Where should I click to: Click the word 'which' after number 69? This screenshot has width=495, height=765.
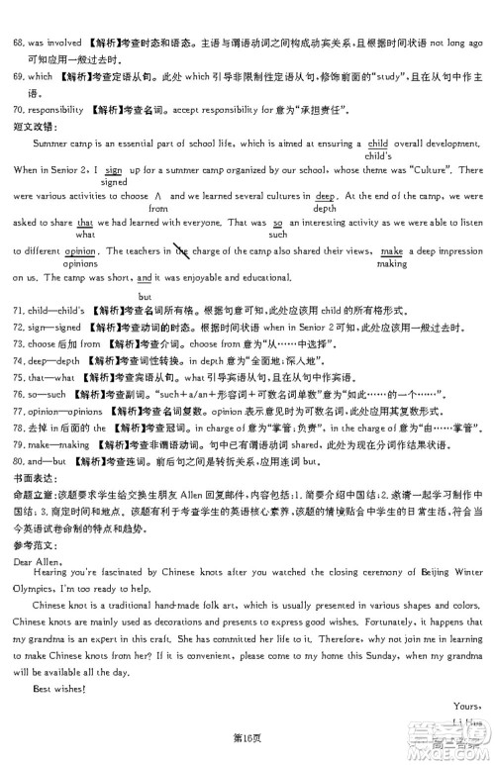tap(39, 76)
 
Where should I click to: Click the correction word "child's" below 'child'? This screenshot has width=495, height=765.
tap(379, 156)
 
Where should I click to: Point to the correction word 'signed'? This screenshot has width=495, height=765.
tap(114, 183)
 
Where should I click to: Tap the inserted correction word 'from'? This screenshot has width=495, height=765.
tap(158, 210)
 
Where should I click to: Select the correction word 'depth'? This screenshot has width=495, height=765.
tap(325, 210)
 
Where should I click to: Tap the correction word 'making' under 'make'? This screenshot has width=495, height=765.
tap(392, 264)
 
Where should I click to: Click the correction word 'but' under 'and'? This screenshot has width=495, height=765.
tap(145, 297)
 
